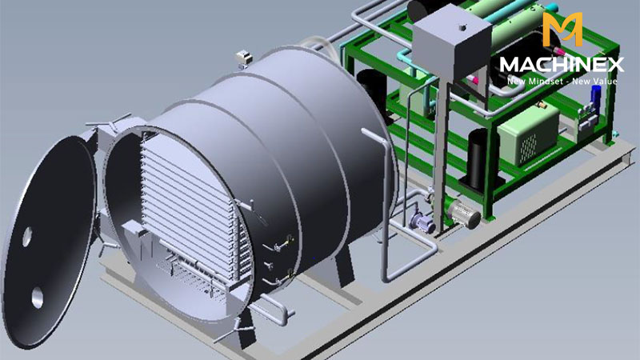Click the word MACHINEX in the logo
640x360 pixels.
[x=562, y=65]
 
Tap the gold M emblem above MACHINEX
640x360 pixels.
[x=562, y=29]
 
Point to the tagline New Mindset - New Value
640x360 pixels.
[x=562, y=81]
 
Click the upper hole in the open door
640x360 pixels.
[x=27, y=236]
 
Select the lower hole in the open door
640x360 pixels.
[x=37, y=298]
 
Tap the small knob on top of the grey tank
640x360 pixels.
[x=462, y=27]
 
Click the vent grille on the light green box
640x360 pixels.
[x=530, y=146]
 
